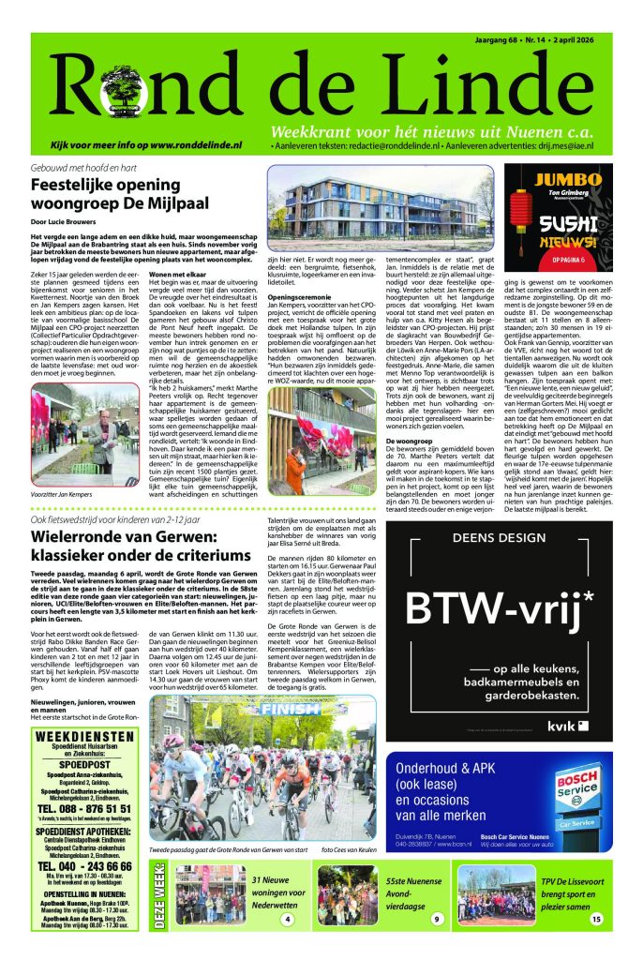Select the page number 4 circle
(287, 920)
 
